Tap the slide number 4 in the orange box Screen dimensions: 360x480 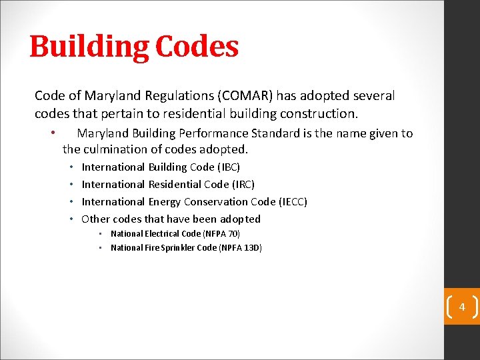(x=461, y=307)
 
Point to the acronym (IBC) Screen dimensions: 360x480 (x=229, y=167)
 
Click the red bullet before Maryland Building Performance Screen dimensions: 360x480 (x=52, y=133)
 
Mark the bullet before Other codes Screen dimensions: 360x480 (x=72, y=219)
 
